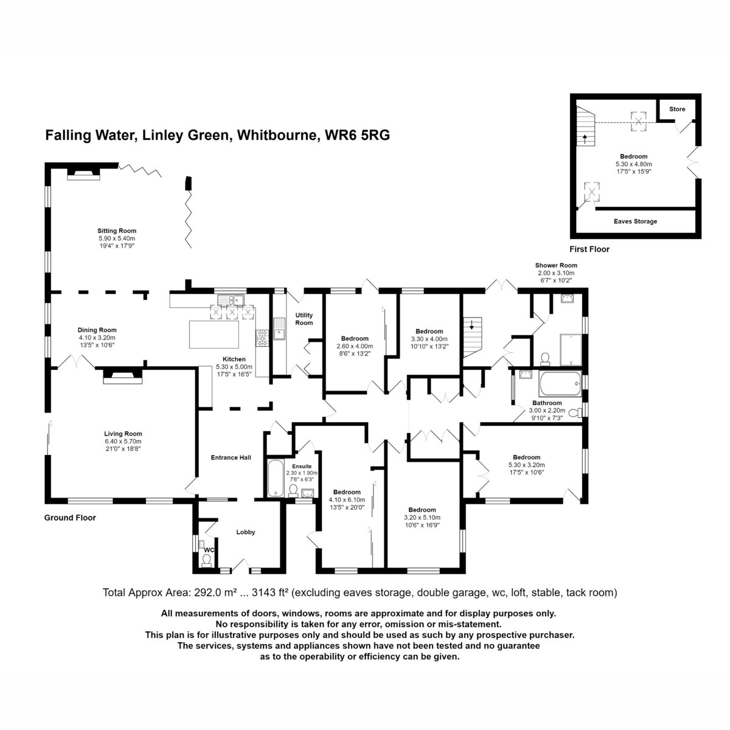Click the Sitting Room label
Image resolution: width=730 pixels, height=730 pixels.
(x=117, y=231)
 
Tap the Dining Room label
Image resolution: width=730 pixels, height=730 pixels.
(x=97, y=330)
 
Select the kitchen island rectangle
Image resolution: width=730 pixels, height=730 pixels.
(x=214, y=334)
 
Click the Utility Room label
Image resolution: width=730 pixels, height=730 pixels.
(x=304, y=319)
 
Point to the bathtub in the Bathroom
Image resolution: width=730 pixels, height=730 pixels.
(x=560, y=384)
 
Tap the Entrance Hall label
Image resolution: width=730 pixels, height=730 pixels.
(x=231, y=457)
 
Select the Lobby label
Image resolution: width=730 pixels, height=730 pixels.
(x=246, y=532)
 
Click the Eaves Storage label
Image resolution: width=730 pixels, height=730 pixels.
(x=635, y=221)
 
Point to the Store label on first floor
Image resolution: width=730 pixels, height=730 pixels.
(x=677, y=109)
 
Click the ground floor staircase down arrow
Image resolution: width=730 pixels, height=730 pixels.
(x=471, y=325)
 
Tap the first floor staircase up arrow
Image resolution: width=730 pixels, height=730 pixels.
(x=585, y=139)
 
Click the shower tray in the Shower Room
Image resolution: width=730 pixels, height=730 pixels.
(x=571, y=350)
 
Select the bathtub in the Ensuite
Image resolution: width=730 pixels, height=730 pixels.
(x=276, y=479)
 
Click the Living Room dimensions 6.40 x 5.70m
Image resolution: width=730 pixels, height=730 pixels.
(x=123, y=441)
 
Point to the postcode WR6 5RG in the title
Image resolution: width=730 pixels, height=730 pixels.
(x=357, y=135)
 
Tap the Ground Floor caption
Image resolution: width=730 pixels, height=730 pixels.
(x=70, y=518)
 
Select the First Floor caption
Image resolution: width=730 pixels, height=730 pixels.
(x=589, y=249)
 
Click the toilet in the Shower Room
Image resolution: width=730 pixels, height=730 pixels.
(x=545, y=359)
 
